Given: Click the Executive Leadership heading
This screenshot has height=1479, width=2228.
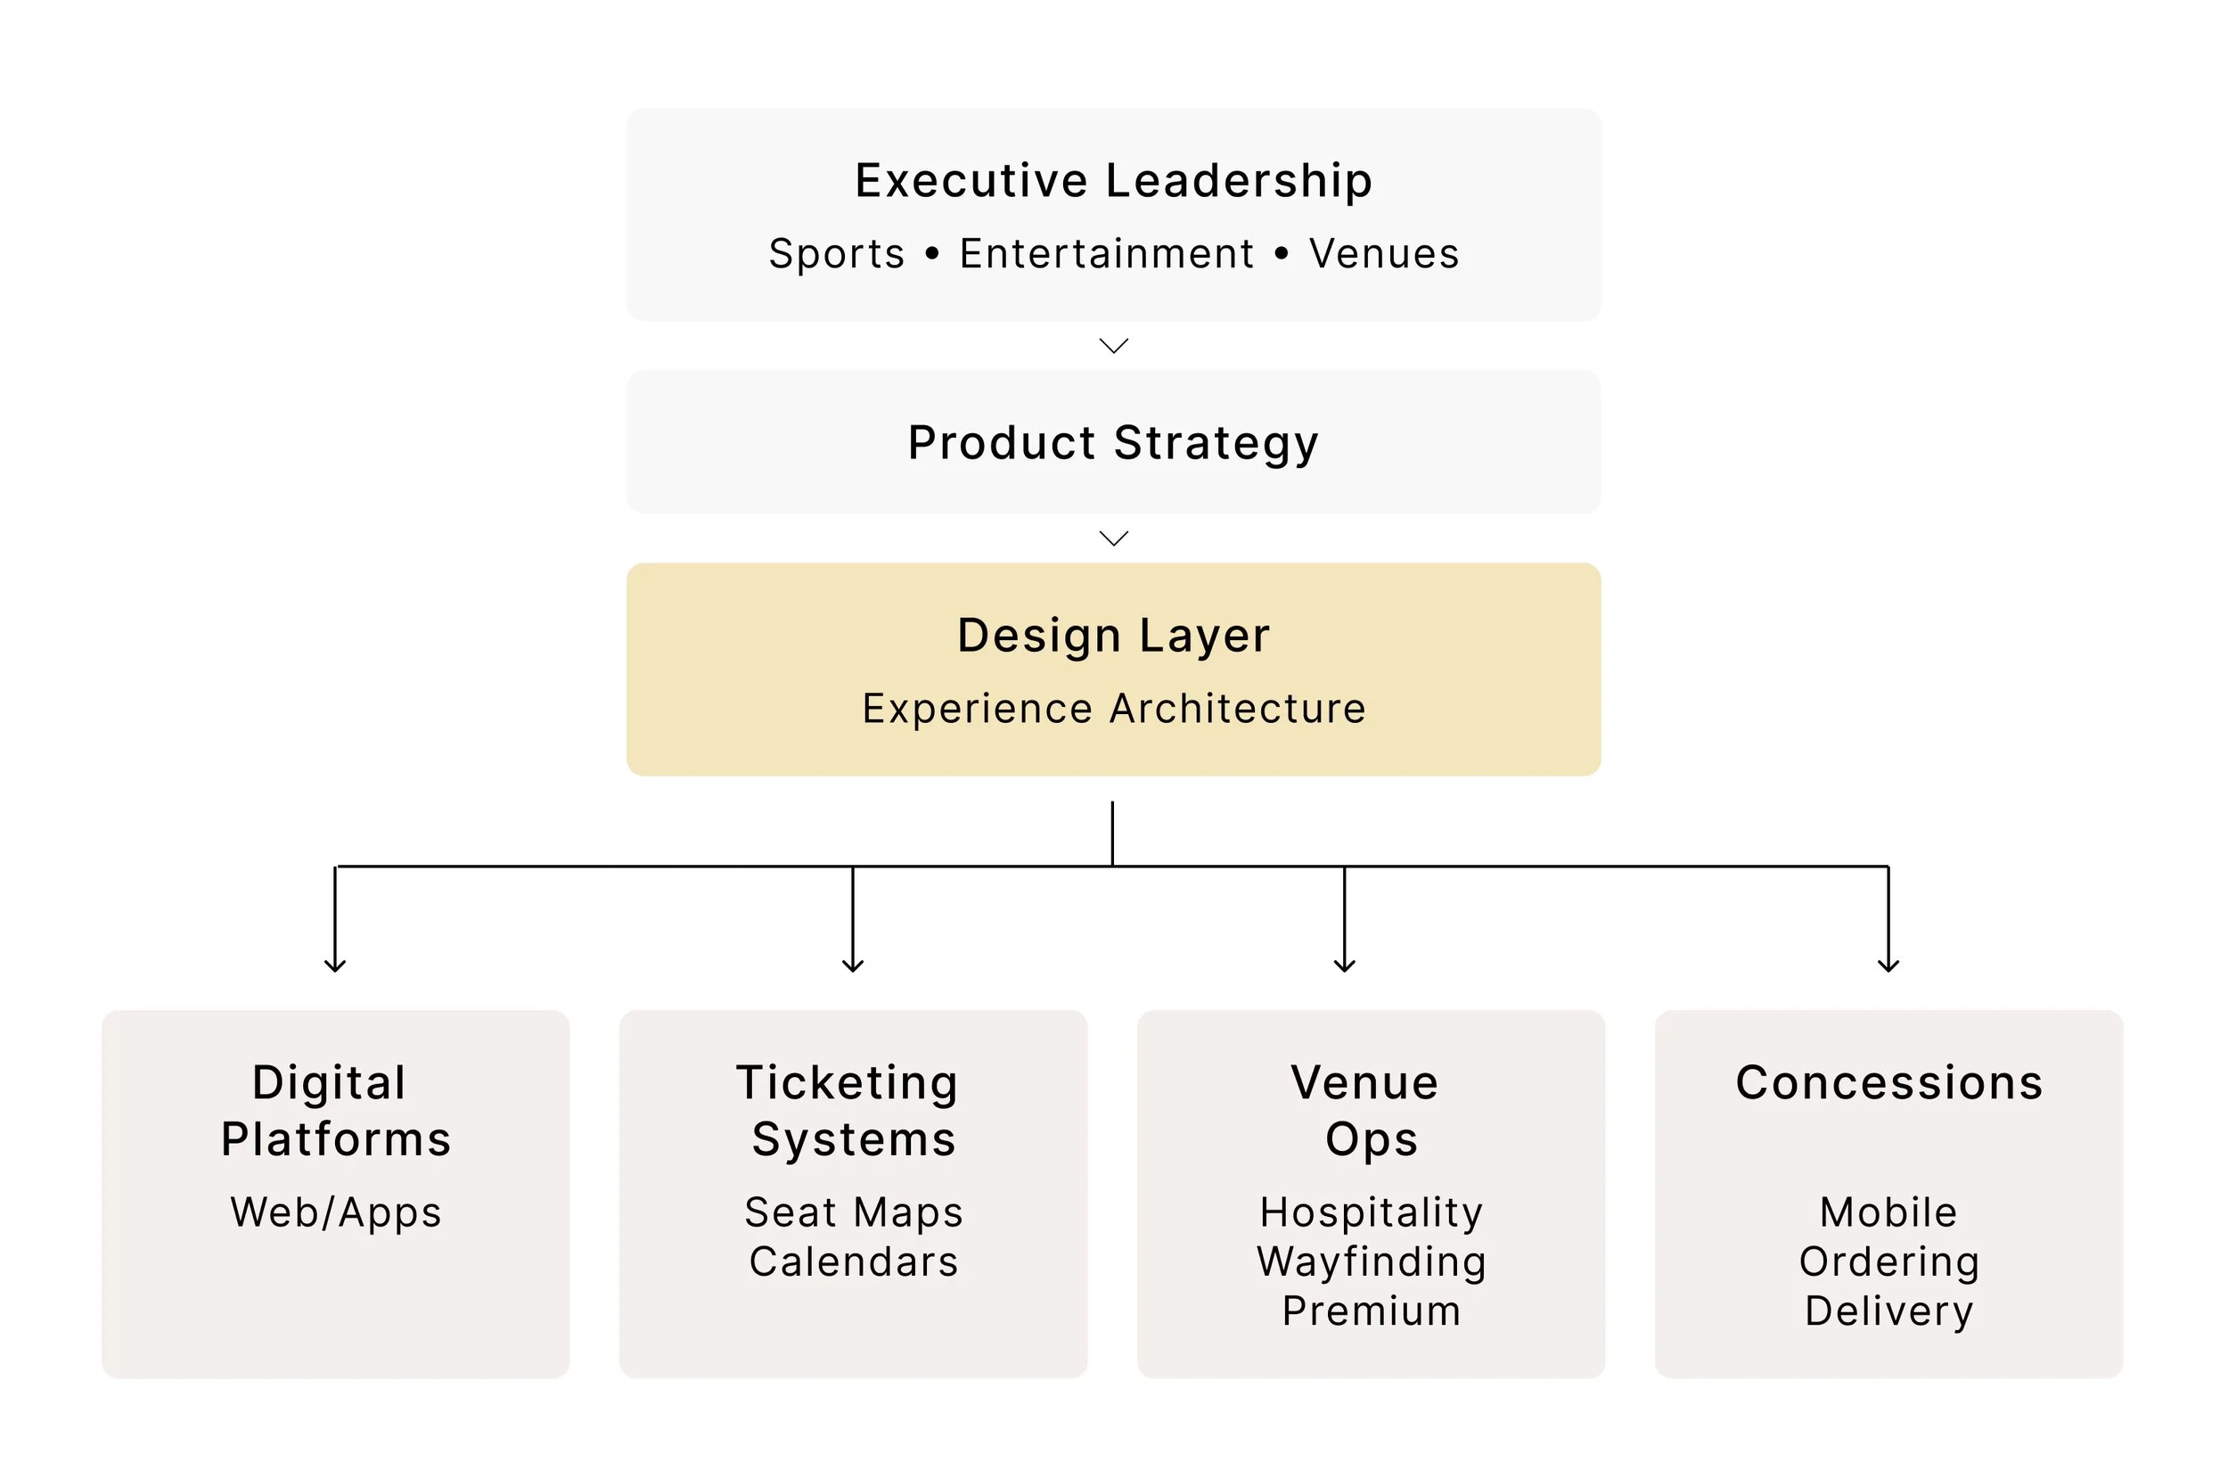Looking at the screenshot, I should click(x=1112, y=180).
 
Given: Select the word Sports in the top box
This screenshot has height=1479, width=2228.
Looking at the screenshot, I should click(x=836, y=254).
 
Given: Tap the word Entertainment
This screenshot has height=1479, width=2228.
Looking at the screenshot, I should click(x=1107, y=254).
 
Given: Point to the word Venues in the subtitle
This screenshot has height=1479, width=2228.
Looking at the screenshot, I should click(x=1383, y=254).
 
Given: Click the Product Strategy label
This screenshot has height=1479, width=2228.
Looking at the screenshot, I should click(x=1112, y=443).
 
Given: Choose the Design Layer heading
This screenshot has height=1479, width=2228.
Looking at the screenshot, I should click(x=1112, y=635).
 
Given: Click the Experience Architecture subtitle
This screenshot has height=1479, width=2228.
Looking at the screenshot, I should click(x=1112, y=709).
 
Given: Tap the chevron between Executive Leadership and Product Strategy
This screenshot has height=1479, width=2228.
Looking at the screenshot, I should click(x=1113, y=346).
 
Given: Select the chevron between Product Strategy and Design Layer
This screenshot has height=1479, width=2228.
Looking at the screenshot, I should click(x=1113, y=538).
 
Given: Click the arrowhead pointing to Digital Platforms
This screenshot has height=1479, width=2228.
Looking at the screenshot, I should click(x=335, y=964).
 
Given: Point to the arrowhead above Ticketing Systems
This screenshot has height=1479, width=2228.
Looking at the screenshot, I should click(x=852, y=964).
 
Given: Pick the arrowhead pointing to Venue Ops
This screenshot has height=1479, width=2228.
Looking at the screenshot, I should click(x=1344, y=964).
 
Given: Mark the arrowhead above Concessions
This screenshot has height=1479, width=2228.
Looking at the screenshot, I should click(x=1888, y=964).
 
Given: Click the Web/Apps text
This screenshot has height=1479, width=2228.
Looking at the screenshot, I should click(x=336, y=1212).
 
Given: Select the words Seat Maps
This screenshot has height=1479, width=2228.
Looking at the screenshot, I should click(x=853, y=1212).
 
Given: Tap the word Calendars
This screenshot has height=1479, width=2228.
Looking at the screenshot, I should click(x=853, y=1262).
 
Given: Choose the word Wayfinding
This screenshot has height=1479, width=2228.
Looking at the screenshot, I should click(x=1371, y=1262).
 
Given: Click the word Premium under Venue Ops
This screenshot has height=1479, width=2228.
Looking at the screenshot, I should click(x=1371, y=1311).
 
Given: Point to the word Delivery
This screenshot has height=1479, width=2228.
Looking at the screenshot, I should click(x=1888, y=1311).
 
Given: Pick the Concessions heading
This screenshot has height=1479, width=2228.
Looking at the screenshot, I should click(x=1888, y=1082).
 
